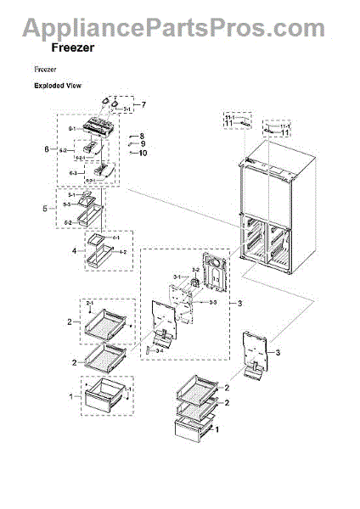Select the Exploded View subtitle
[x=57, y=87]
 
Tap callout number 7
[x=143, y=104]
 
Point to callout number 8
[x=143, y=136]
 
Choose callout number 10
[x=143, y=153]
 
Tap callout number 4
[x=74, y=252]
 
